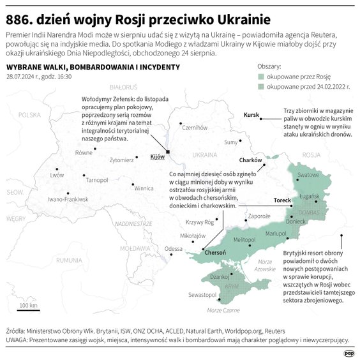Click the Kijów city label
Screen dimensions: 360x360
(x=157, y=156)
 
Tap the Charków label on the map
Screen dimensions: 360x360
(x=251, y=160)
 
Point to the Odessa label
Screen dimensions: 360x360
(x=173, y=248)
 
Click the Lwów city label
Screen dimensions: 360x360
(x=57, y=174)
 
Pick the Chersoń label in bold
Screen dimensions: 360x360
(x=215, y=253)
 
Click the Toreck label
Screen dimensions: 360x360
(x=281, y=200)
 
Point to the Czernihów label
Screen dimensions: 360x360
(x=195, y=128)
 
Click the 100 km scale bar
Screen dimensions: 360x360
(x=27, y=308)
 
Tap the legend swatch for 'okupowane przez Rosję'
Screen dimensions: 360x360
(x=260, y=76)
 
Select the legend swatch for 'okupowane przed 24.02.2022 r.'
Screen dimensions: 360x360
(x=260, y=86)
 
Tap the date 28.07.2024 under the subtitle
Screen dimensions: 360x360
(x=23, y=77)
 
